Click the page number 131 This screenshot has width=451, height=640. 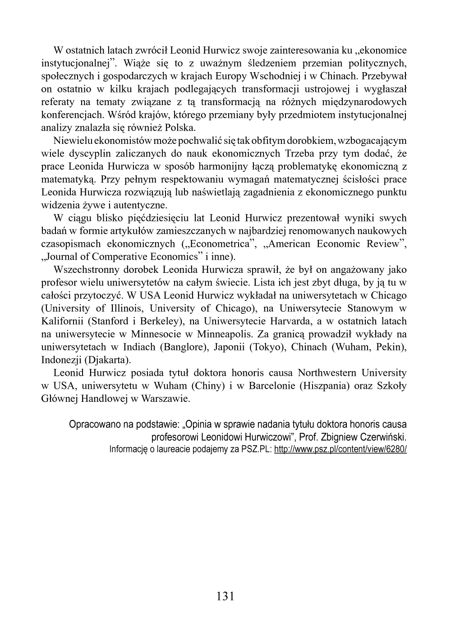point(225,596)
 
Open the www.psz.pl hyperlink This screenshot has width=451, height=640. point(341,450)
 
